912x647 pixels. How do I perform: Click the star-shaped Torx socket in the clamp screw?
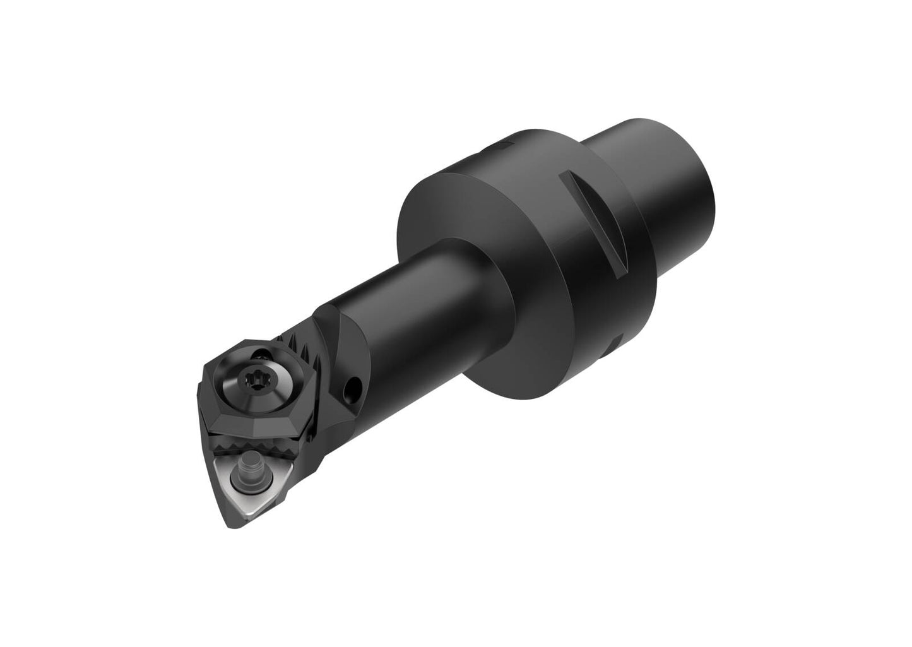[248, 381]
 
